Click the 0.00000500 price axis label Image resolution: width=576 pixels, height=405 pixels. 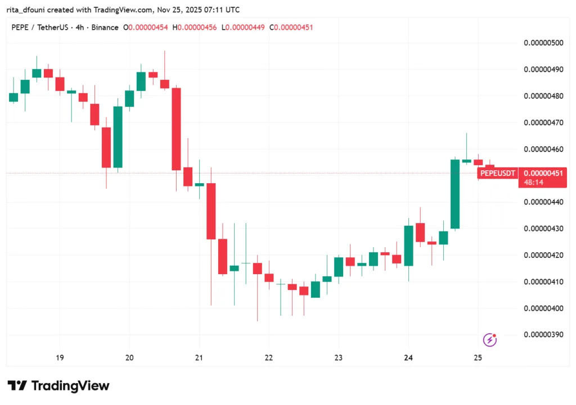543,43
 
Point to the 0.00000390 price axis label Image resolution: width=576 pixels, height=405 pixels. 543,335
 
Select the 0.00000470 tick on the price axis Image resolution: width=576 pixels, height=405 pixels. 543,122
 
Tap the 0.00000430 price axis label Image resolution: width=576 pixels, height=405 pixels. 543,229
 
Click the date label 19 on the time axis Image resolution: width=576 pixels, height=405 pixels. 60,358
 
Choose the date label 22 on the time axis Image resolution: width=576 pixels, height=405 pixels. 269,358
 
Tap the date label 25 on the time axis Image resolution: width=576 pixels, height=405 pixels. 478,358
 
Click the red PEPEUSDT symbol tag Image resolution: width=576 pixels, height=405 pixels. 498,174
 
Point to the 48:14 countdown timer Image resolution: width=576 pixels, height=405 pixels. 532,183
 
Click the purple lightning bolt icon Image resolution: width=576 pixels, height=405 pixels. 490,339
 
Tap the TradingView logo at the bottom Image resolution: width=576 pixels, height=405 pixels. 58,386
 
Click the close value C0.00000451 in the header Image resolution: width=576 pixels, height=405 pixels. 292,28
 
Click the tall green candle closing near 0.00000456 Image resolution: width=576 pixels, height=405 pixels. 455,194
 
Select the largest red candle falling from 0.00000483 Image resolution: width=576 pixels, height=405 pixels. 176,129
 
